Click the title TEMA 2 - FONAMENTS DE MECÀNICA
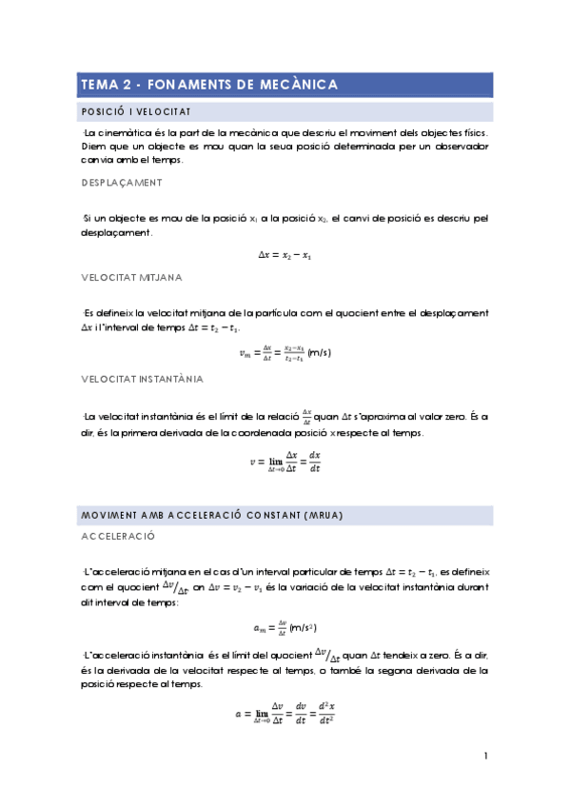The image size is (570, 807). tap(209, 85)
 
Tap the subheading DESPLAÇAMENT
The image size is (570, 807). tap(121, 183)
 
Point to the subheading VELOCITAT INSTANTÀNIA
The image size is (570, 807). tap(143, 379)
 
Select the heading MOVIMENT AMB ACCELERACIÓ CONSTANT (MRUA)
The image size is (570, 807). tap(212, 515)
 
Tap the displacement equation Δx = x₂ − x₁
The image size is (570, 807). tap(285, 254)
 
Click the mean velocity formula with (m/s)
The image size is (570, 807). tap(285, 353)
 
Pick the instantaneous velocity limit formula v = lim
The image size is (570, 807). tap(285, 463)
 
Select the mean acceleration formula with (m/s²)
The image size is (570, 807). tap(285, 627)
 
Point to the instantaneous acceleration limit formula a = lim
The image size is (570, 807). tap(285, 714)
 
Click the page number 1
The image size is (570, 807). tap(485, 757)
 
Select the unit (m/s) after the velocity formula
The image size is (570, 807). tap(320, 353)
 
